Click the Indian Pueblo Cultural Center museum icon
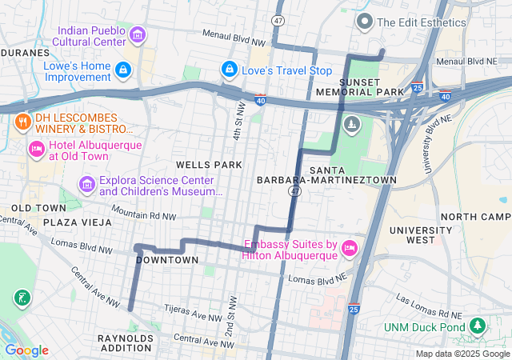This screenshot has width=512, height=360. pos(137,34)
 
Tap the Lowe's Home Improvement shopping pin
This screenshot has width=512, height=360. pos(123,70)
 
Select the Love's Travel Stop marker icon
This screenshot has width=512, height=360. pos(230,70)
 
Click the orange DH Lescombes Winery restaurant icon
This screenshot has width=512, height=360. pos(22,123)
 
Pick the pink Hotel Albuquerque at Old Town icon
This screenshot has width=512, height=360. pos(36,150)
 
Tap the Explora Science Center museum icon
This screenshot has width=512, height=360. pos(86,186)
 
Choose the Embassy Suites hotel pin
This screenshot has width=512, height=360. pos(349,249)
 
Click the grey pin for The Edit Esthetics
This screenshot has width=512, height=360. pos(366,22)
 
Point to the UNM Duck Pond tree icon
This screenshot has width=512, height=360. pos(478,326)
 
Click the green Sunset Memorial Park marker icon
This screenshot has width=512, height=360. pos(351,124)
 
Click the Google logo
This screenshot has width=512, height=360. pos(26,350)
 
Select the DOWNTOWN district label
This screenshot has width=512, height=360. pos(167,260)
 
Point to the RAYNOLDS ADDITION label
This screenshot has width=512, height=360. pos(125,343)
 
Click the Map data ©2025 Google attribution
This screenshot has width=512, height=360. pos(462,354)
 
